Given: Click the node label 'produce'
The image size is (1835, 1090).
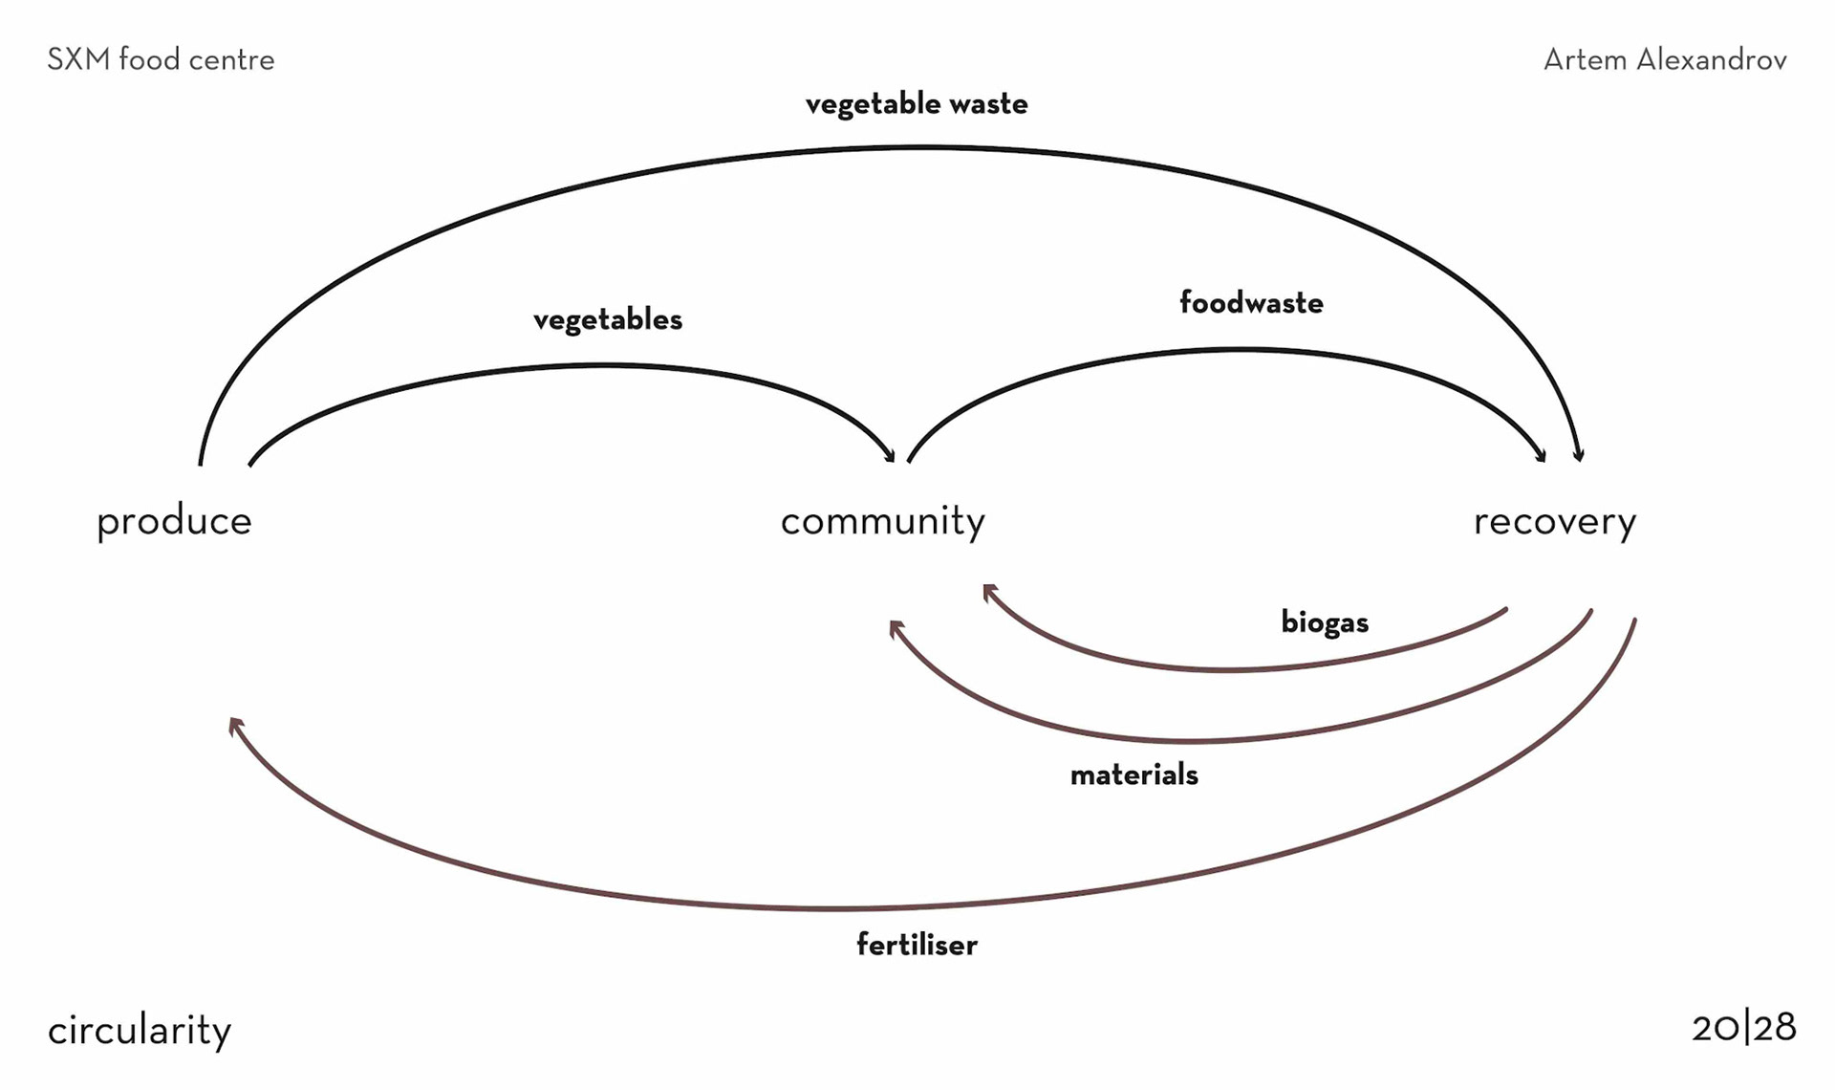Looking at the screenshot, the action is point(174,522).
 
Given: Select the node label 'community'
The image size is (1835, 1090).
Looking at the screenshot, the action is point(882,522).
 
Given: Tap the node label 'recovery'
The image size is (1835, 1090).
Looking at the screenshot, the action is point(1554,522).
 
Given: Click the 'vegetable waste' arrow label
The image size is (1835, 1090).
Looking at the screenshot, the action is point(917,104).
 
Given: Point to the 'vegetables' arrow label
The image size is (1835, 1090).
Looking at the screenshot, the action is point(608,319).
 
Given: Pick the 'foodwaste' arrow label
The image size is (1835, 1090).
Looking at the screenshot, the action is point(1251,303).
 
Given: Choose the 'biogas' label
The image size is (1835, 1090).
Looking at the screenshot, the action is point(1325,622).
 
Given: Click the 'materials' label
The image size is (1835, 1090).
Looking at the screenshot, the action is point(1133,774).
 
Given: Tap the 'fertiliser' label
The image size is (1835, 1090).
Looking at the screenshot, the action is point(917,946).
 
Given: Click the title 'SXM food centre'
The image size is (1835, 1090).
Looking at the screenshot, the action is point(161,60).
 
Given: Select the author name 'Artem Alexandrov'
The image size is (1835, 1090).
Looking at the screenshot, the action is point(1665,60).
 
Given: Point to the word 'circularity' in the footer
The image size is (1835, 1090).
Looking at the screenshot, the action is point(140,1031).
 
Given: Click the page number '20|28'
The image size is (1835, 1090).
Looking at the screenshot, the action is point(1743,1028).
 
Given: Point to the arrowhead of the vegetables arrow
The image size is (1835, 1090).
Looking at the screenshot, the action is point(890,457).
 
